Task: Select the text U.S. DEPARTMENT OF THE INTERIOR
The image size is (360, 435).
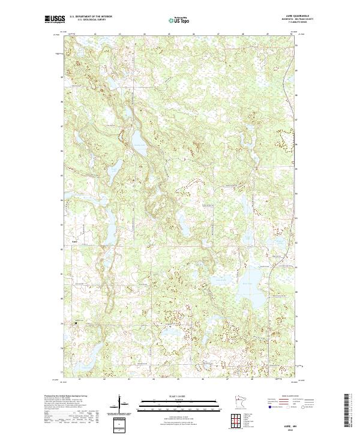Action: (x=91, y=17)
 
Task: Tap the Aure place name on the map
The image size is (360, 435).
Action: (x=74, y=242)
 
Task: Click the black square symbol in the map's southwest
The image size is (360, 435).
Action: (x=76, y=323)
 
